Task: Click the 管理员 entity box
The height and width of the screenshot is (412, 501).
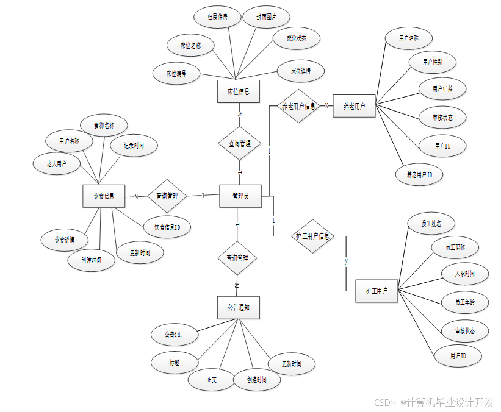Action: [240, 196]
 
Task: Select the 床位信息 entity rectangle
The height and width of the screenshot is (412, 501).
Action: [238, 92]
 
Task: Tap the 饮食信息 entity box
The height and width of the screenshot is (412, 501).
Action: [104, 196]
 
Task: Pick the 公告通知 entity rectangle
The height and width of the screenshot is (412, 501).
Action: [238, 307]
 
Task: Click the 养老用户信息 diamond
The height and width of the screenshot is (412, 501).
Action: [298, 106]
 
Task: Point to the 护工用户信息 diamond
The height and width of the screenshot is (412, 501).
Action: [312, 236]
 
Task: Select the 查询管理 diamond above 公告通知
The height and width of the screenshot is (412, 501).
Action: [237, 258]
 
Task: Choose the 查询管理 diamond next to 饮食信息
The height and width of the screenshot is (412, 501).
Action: [167, 196]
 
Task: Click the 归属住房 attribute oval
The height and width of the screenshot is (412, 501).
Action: [217, 18]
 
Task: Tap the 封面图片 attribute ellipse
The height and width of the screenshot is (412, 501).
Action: [265, 17]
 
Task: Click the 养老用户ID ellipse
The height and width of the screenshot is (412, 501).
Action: [419, 175]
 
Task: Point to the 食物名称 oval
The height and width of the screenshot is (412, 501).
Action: [104, 126]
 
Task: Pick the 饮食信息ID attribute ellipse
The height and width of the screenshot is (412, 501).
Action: [167, 227]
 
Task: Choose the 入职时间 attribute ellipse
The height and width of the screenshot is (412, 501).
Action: [465, 274]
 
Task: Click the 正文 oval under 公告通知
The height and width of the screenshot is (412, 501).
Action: [211, 380]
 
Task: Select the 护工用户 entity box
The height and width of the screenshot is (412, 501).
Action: [377, 291]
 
